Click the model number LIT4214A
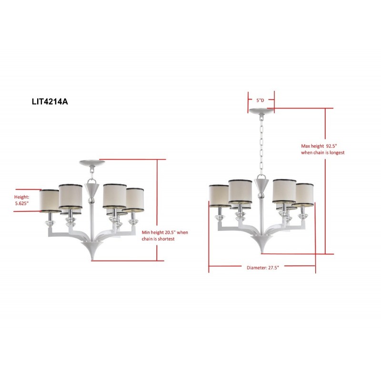tap(49, 101)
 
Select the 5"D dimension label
tap(260, 100)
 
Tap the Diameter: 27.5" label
tap(262, 268)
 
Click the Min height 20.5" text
tap(165, 235)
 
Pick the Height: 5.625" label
tap(22, 200)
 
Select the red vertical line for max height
tap(326, 181)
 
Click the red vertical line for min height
tap(157, 210)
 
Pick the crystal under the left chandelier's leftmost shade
tap(49, 223)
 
